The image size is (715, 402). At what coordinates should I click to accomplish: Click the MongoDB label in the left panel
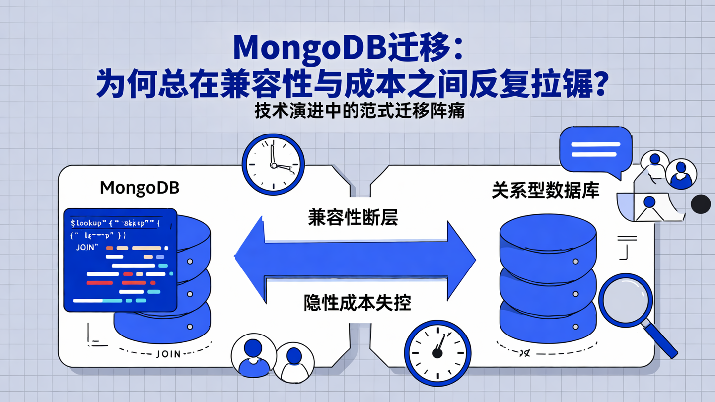(140, 188)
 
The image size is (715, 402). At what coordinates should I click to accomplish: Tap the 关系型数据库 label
(545, 190)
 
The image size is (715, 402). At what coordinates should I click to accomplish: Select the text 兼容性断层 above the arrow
(353, 217)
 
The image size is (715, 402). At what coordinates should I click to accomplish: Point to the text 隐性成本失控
(357, 302)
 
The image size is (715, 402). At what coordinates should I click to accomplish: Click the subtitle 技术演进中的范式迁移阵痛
(359, 111)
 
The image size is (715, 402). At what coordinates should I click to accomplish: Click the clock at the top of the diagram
(273, 164)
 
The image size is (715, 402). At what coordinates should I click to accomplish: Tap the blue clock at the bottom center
(437, 353)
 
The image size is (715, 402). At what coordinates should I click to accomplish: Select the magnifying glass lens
(625, 300)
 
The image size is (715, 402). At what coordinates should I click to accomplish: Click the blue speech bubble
(595, 149)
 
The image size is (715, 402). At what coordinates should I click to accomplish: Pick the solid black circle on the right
(701, 204)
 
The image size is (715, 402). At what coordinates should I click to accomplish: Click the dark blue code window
(120, 260)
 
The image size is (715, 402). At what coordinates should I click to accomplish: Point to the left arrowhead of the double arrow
(250, 258)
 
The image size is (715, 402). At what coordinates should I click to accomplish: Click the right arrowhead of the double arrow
(461, 258)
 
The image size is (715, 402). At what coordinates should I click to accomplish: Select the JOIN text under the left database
(168, 354)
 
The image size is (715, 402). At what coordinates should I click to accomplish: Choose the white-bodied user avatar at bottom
(294, 362)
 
